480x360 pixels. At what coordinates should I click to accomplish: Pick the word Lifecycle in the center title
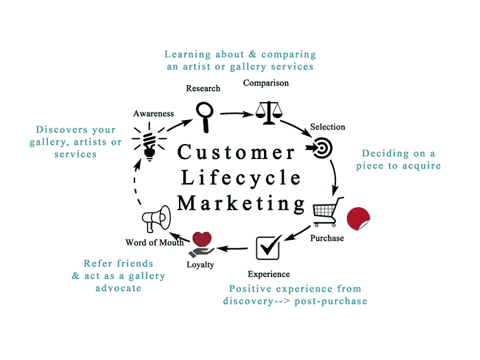pyautogui.click(x=240, y=178)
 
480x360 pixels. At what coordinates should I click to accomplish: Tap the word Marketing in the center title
pyautogui.click(x=241, y=204)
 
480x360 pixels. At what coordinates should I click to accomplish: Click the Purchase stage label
pyautogui.click(x=327, y=238)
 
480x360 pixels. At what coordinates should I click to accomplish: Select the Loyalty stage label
pyautogui.click(x=200, y=264)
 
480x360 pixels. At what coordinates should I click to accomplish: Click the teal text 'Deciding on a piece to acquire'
pyautogui.click(x=398, y=159)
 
